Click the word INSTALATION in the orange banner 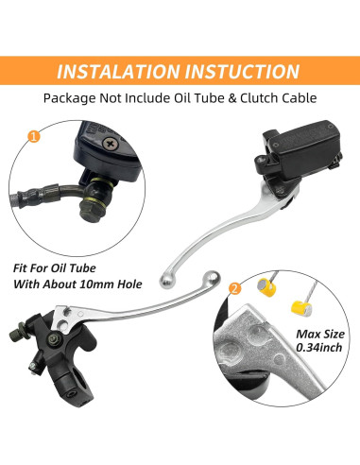click(119, 71)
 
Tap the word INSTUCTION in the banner click(243, 71)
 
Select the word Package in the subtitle click(69, 98)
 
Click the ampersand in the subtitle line click(232, 98)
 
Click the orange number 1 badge click(34, 136)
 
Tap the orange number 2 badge click(234, 288)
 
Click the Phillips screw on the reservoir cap click(111, 144)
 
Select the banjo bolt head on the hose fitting click(89, 214)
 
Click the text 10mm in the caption click(96, 284)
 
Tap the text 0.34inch click(318, 347)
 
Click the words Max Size click(320, 334)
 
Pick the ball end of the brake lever click(166, 281)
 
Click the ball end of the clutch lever click(212, 277)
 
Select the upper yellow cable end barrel click(266, 286)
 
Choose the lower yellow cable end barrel click(301, 308)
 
